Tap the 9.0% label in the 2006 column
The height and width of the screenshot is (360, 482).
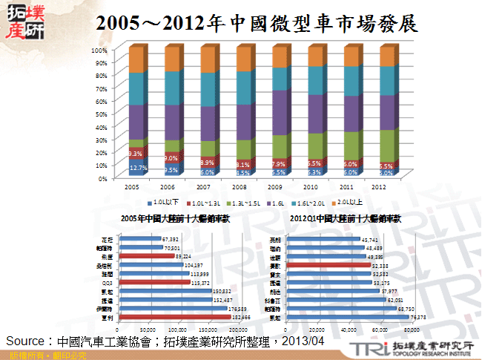click(171, 157)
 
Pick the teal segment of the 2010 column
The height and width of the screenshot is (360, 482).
click(317, 80)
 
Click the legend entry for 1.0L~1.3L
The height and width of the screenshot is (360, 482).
click(208, 202)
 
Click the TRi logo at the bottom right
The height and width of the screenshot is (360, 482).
click(366, 349)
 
